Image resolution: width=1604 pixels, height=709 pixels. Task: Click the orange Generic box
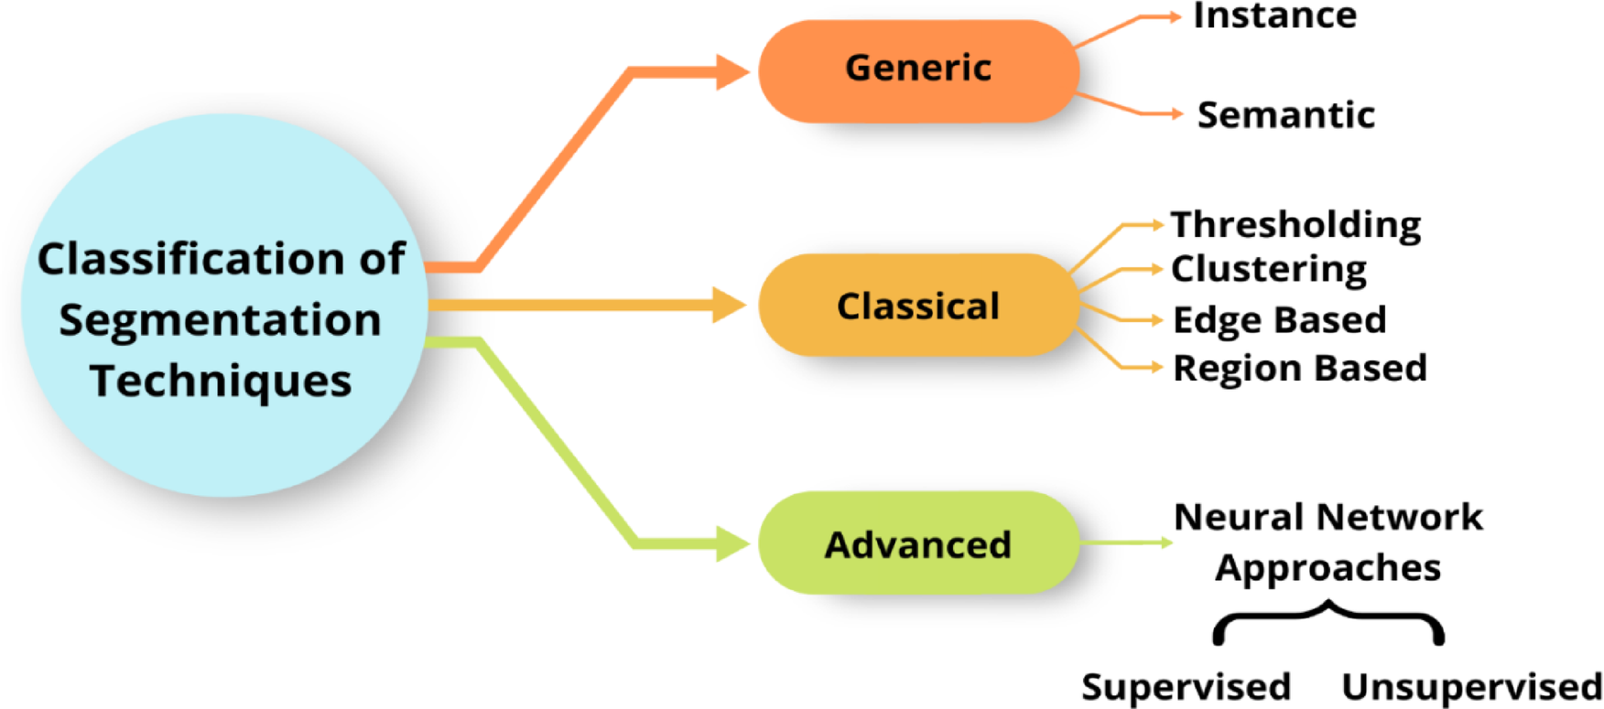pos(918,70)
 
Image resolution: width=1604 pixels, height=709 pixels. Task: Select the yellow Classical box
pos(918,306)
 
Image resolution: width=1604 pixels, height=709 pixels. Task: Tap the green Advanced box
pos(918,544)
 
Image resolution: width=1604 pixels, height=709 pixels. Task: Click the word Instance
pos(1274,16)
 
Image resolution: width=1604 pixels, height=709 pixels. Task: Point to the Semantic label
pos(1285,115)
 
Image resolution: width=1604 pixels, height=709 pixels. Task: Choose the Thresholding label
pos(1295,224)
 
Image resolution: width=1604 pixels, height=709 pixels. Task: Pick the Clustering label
pos(1269,269)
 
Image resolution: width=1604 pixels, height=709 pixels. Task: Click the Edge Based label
pos(1279,320)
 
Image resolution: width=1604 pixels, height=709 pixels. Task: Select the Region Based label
pos(1299,368)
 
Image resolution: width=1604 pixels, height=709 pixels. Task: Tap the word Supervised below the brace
pos(1186,686)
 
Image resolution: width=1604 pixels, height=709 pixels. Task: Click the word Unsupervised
pos(1471,686)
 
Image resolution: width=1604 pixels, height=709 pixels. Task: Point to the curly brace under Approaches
pos(1328,622)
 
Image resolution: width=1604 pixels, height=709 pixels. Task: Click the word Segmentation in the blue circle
pos(220,320)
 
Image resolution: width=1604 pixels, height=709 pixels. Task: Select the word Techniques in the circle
pos(221,381)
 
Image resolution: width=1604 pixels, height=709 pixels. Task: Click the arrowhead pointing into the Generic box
pos(732,72)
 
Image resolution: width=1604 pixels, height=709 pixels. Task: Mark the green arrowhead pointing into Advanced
pos(732,543)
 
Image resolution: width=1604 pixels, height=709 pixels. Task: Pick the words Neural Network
pos(1328,517)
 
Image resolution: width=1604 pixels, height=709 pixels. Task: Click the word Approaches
pos(1328,568)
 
